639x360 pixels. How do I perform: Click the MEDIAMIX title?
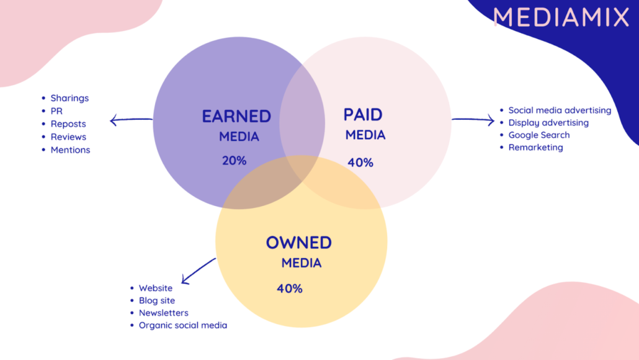point(561,17)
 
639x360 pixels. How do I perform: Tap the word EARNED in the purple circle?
point(236,117)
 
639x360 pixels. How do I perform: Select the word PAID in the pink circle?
point(363,115)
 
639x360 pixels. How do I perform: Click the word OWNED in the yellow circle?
point(298,243)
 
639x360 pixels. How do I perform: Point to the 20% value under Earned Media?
point(234,161)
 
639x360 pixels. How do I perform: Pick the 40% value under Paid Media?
point(360,163)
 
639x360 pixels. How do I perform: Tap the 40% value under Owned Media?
point(289,289)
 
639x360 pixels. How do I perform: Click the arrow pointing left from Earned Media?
point(132,120)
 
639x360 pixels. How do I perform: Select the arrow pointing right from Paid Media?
point(473,120)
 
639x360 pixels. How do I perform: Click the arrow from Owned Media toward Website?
point(199,271)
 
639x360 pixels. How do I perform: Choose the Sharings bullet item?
point(69,98)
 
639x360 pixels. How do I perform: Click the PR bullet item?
point(56,111)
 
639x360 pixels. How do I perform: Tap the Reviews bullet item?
point(68,137)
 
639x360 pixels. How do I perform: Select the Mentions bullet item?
point(70,150)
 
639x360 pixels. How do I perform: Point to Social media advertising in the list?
point(560,110)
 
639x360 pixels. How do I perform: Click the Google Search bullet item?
point(538,135)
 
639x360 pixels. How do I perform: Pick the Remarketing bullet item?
point(535,148)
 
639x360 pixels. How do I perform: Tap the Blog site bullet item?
point(157,300)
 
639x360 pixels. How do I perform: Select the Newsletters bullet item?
point(163,313)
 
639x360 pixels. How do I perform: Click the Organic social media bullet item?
point(183,325)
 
